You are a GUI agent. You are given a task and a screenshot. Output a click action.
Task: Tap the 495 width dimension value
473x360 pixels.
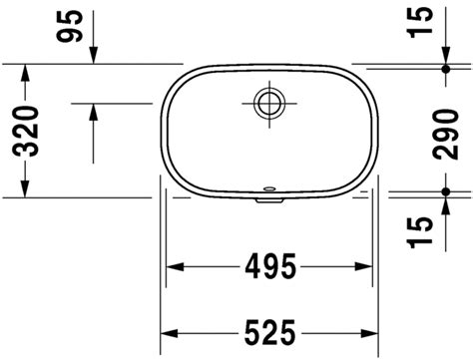point(268,267)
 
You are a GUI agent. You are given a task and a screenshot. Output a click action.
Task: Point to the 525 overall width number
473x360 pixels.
point(269,332)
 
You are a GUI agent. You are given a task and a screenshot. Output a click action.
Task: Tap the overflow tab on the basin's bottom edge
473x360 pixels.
point(269,195)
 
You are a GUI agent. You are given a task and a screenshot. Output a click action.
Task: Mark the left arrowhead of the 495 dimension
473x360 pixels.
point(172,267)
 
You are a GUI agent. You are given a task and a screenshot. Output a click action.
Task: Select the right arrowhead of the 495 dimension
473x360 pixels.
point(367,267)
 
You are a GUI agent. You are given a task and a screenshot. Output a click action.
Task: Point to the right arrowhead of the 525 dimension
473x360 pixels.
point(372,332)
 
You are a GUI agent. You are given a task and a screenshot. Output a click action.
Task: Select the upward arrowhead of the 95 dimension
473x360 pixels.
point(92,110)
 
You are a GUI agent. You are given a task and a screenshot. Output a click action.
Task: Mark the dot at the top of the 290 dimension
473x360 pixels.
point(446,68)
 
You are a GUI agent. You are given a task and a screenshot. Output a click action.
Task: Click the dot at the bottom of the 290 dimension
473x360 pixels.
point(446,190)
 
